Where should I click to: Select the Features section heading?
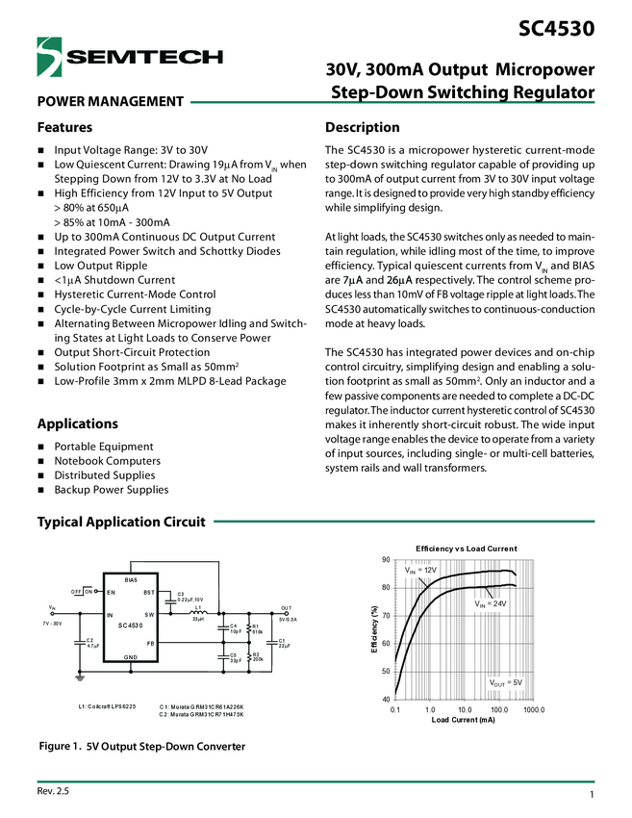point(64,127)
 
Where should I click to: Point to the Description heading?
point(362,127)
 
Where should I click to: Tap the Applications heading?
point(77,423)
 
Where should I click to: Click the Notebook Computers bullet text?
point(107,461)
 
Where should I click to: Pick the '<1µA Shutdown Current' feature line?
point(114,280)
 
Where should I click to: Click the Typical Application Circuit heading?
point(120,522)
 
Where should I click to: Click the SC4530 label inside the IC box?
point(132,626)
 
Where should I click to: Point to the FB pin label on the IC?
point(150,642)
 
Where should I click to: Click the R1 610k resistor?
point(252,629)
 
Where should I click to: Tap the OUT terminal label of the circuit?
point(286,608)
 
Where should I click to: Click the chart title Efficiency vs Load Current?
point(466,549)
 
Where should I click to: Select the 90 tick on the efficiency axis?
point(386,560)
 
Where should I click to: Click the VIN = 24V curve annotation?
point(490,603)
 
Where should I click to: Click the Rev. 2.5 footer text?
point(53,790)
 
